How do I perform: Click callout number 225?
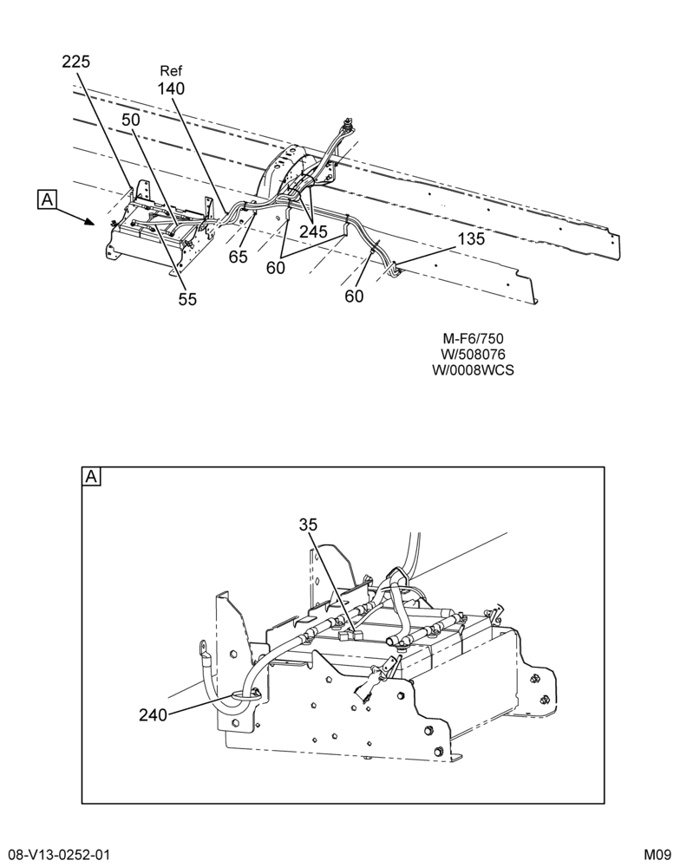tap(75, 62)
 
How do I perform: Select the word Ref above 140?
tap(171, 71)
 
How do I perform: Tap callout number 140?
tap(171, 88)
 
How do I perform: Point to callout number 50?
tap(131, 120)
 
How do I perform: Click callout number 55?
tap(187, 298)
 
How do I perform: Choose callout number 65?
tap(239, 257)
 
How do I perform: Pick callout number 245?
tap(313, 231)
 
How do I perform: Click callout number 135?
tap(471, 239)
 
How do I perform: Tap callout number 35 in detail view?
tap(309, 525)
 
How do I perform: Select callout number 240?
tap(153, 715)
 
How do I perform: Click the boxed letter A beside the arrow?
tap(47, 199)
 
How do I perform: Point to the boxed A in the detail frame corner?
tap(91, 477)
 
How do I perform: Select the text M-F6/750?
tap(473, 338)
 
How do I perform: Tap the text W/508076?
tap(473, 354)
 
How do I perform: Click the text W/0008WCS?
tap(473, 369)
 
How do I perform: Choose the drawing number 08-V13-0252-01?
tap(59, 855)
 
